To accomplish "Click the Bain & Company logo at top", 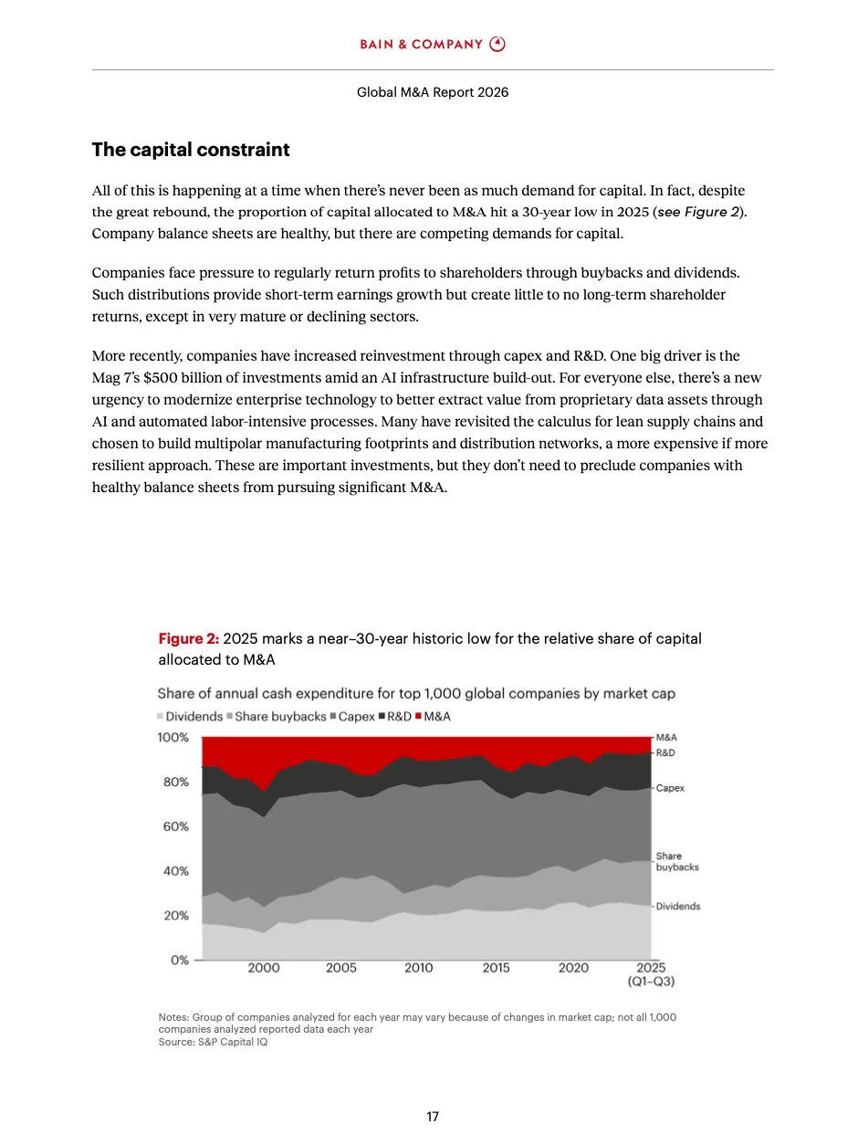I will click(x=432, y=44).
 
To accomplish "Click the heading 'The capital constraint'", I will click(x=191, y=150).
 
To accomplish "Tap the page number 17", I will click(x=433, y=1117).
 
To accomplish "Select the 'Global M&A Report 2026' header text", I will click(x=433, y=92).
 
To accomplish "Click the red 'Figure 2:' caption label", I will click(x=189, y=639).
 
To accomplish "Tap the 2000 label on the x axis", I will click(x=264, y=968).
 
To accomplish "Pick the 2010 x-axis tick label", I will click(x=418, y=968).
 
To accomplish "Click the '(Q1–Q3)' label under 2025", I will click(x=650, y=982).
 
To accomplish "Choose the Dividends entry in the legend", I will click(x=191, y=717).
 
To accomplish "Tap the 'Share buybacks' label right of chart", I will click(x=676, y=862).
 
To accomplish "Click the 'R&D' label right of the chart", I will click(x=665, y=753).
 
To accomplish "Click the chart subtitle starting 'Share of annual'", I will click(x=416, y=694).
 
